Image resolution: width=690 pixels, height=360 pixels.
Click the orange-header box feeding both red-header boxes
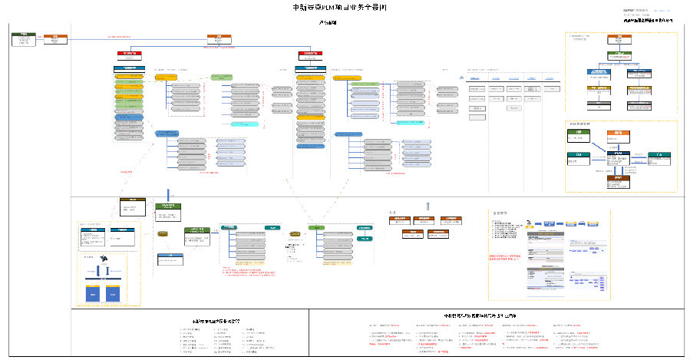pyautogui.click(x=219, y=38)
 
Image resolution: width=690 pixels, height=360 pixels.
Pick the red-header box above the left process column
pyautogui.click(x=130, y=54)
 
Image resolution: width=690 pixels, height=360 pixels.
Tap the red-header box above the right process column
pyautogui.click(x=310, y=54)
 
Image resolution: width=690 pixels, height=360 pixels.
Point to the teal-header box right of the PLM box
pyautogui.click(x=659, y=157)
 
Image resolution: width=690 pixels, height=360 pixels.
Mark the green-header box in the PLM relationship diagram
pyautogui.click(x=578, y=136)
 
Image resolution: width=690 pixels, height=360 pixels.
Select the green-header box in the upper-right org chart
pyautogui.click(x=621, y=55)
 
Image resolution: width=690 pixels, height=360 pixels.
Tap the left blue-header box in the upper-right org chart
pyautogui.click(x=600, y=74)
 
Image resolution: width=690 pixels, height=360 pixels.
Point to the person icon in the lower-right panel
pyautogui.click(x=529, y=225)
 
